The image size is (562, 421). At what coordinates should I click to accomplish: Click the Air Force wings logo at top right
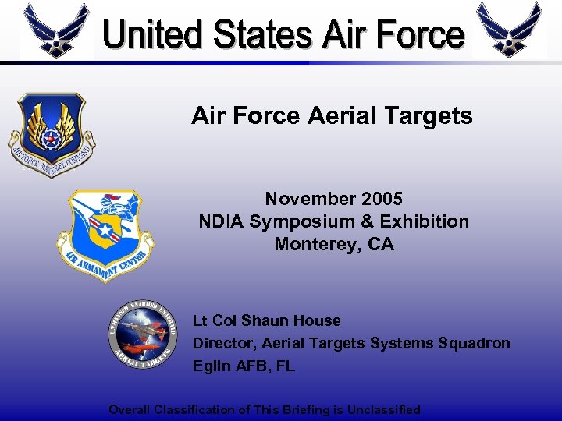pyautogui.click(x=509, y=29)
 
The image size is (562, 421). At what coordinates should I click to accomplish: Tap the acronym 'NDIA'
pyautogui.click(x=222, y=221)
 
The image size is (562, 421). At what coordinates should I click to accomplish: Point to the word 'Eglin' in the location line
pyautogui.click(x=211, y=366)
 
